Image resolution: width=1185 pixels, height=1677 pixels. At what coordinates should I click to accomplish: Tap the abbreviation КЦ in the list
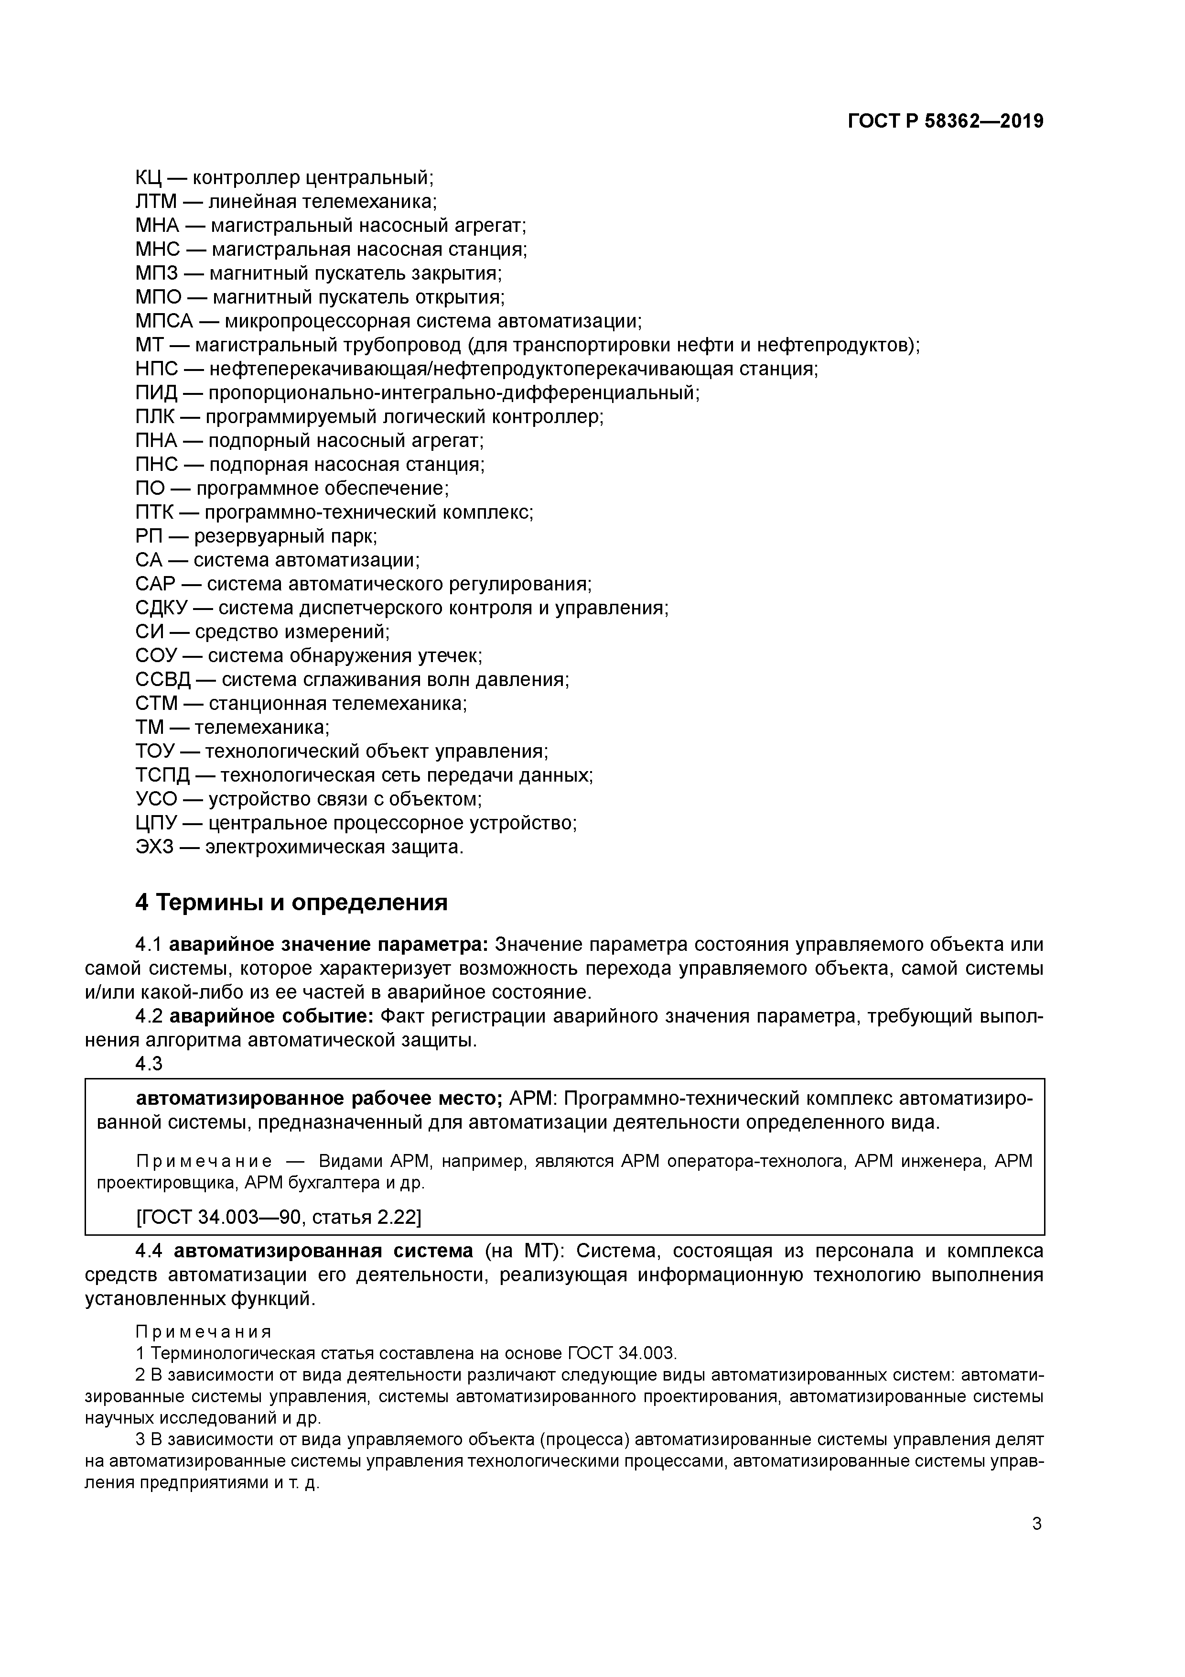coord(149,177)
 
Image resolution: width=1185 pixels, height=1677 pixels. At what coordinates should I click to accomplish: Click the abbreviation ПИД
coord(155,393)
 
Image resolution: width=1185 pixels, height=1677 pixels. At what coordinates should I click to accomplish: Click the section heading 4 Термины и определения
coord(291,903)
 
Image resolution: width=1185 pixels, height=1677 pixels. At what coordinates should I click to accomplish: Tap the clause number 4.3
coord(149,1064)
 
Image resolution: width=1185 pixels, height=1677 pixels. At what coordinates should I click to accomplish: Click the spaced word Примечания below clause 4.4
coord(204,1331)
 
